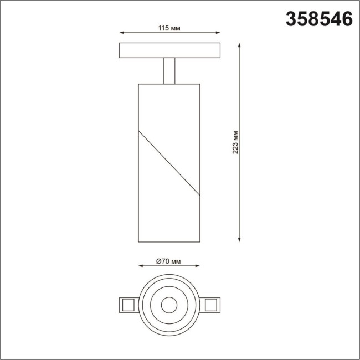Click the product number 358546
[319, 19]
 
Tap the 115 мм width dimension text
[170, 28]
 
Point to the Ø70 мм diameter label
[169, 261]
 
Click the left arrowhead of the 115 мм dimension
[122, 34]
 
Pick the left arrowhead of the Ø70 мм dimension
[142, 268]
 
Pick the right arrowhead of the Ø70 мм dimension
[197, 268]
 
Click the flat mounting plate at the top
[169, 50]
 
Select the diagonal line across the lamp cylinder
[169, 163]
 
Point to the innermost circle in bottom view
[169, 304]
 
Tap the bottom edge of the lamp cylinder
[169, 241]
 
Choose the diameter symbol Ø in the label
[158, 261]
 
